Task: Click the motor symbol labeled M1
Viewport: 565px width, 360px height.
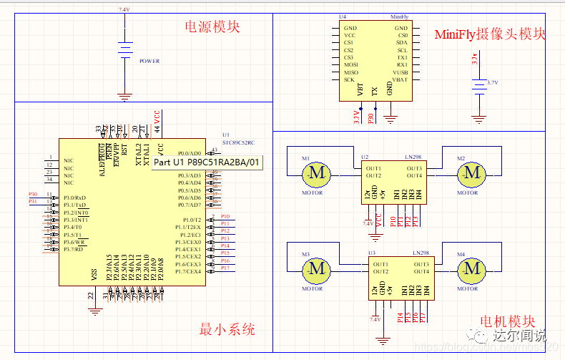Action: [x=315, y=172]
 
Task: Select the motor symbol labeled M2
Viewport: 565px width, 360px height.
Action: [x=471, y=172]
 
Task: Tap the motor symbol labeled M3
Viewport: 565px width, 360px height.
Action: [x=315, y=269]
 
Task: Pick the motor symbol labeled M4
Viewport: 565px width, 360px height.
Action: [x=471, y=269]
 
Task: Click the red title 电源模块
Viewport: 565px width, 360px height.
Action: [x=212, y=27]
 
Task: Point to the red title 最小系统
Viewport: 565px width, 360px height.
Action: [x=227, y=330]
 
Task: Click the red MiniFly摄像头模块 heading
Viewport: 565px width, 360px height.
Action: [x=490, y=34]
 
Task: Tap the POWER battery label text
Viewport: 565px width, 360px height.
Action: [x=149, y=62]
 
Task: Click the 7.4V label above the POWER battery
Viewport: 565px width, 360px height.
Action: [x=124, y=10]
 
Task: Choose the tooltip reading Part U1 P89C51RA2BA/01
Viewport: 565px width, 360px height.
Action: [x=206, y=163]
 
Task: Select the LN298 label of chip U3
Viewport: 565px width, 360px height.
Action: [x=421, y=253]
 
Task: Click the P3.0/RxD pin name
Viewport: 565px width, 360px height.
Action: [x=75, y=198]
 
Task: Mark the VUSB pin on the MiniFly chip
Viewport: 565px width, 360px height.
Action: [x=400, y=72]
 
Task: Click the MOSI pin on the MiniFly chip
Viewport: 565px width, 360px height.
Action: [x=350, y=65]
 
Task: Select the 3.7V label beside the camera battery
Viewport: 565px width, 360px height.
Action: [x=492, y=83]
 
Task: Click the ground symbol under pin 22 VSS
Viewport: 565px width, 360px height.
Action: [x=93, y=310]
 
